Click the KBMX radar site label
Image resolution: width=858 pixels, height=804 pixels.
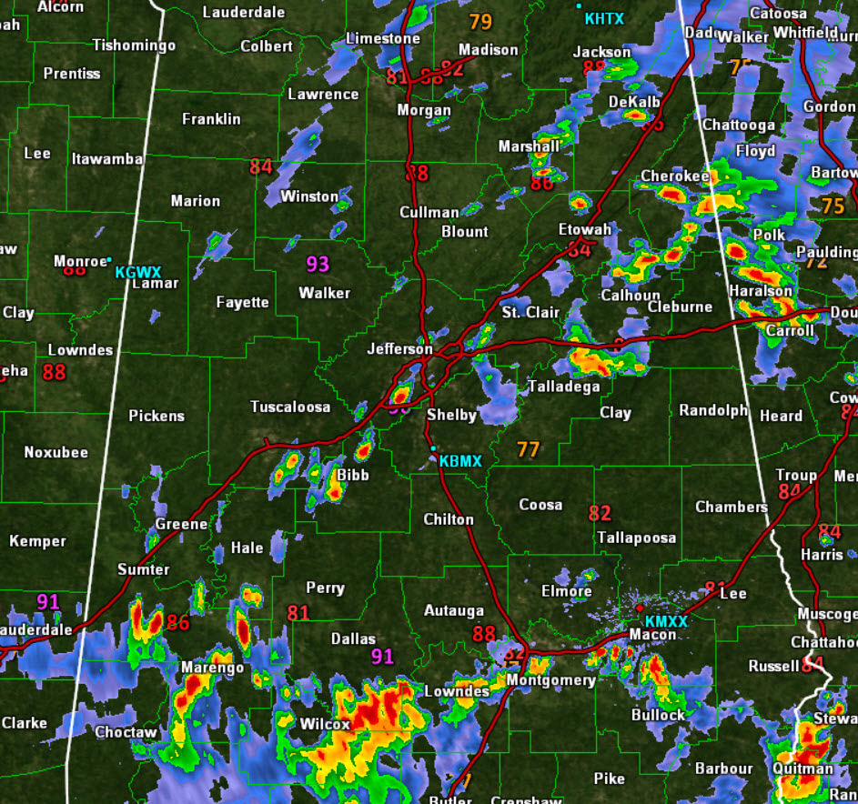pos(459,461)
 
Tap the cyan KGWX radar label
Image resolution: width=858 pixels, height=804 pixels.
pos(137,272)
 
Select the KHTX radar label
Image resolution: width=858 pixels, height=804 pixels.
pos(605,18)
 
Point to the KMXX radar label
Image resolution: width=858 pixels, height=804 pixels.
pos(666,620)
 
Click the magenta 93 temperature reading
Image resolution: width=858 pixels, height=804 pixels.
pos(317,265)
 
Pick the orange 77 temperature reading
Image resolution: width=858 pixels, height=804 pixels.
pos(528,449)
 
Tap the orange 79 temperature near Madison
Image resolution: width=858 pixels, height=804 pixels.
pos(480,22)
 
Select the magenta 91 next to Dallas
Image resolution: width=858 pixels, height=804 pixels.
pos(382,657)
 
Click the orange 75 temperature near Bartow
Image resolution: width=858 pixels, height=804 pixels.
pos(833,206)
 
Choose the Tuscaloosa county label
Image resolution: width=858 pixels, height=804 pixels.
pos(290,407)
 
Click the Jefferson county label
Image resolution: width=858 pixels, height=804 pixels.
pos(399,348)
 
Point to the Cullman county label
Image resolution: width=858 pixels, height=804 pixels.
pos(429,212)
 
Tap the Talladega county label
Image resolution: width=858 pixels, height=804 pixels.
pos(564,387)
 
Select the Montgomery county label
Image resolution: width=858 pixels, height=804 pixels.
pos(550,680)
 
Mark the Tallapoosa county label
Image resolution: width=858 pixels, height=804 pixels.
pos(637,538)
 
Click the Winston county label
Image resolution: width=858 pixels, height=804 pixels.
pos(309,196)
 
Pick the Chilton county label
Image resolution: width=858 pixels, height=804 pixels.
pos(449,519)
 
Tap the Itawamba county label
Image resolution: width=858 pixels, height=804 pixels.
pos(107,159)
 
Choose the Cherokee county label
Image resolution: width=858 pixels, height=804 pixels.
pos(674,176)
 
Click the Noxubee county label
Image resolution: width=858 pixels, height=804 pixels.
pos(56,452)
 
